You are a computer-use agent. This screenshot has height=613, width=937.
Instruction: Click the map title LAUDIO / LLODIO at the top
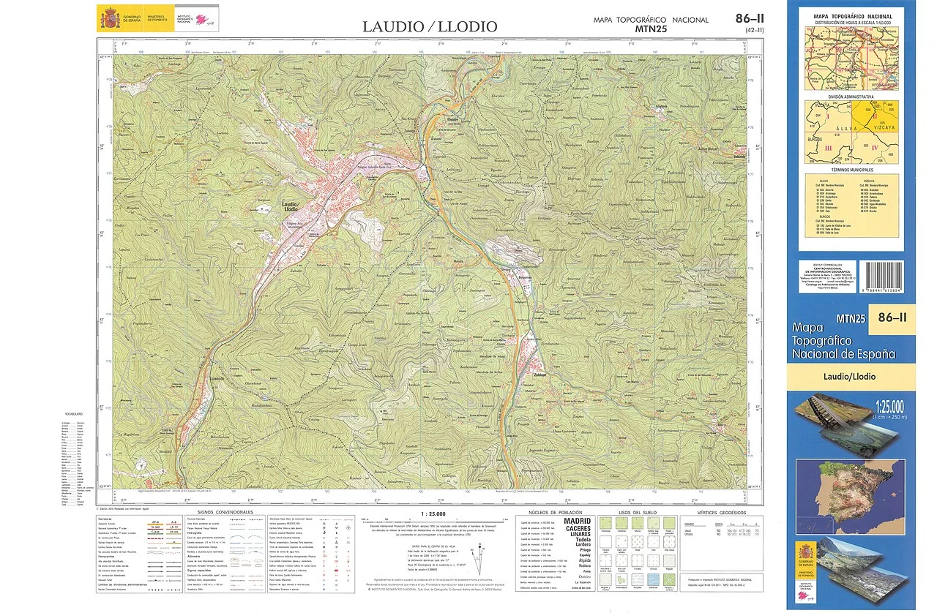point(430,27)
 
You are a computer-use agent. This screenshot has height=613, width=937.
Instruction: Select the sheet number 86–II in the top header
point(750,18)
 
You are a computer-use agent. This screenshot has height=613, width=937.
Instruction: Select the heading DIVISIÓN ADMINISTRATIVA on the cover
point(850,97)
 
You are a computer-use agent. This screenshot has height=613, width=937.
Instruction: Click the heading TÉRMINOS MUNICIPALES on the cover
point(850,169)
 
